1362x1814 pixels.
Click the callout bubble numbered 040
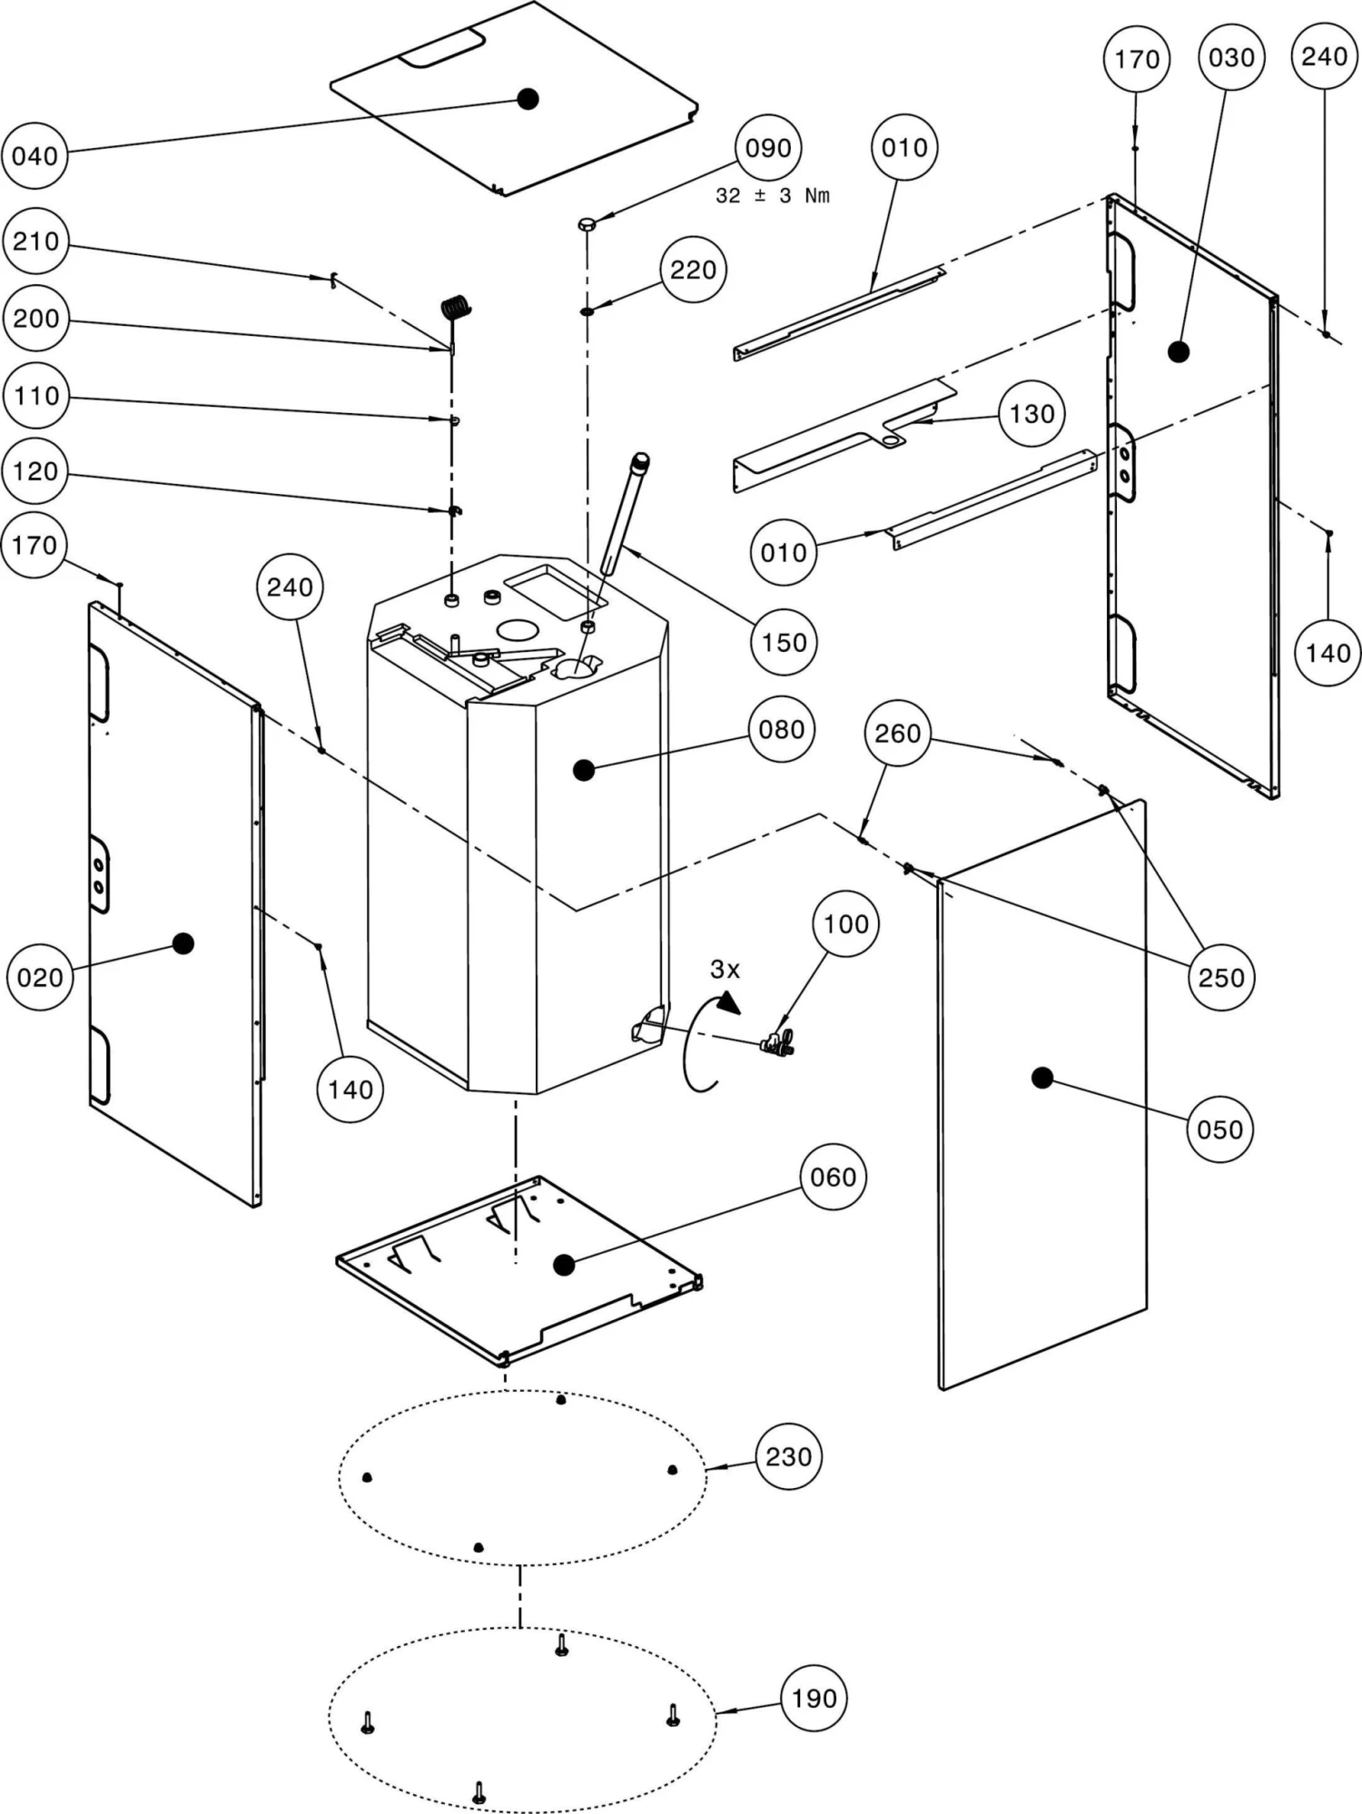pyautogui.click(x=35, y=156)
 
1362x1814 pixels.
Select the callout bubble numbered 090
pyautogui.click(x=768, y=149)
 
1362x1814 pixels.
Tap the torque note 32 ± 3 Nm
pyautogui.click(x=773, y=196)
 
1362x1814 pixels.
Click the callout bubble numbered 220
pyautogui.click(x=694, y=270)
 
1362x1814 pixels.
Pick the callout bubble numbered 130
pyautogui.click(x=1032, y=414)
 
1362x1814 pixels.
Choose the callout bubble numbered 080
pyautogui.click(x=782, y=729)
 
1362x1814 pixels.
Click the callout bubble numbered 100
pyautogui.click(x=846, y=924)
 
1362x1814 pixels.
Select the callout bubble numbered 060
pyautogui.click(x=833, y=1178)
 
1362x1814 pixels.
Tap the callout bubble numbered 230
pyautogui.click(x=789, y=1457)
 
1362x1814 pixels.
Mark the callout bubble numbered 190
pyautogui.click(x=814, y=1698)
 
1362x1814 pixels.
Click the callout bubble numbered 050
pyautogui.click(x=1220, y=1129)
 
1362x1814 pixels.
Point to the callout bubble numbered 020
pyautogui.click(x=40, y=978)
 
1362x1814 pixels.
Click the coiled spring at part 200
pyautogui.click(x=456, y=309)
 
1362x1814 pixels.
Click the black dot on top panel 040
pyautogui.click(x=528, y=98)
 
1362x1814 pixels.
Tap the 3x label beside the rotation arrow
pyautogui.click(x=725, y=970)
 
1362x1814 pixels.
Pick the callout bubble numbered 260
pyautogui.click(x=898, y=734)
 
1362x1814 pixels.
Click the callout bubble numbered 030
pyautogui.click(x=1231, y=58)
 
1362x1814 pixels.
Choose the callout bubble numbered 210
pyautogui.click(x=35, y=242)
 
